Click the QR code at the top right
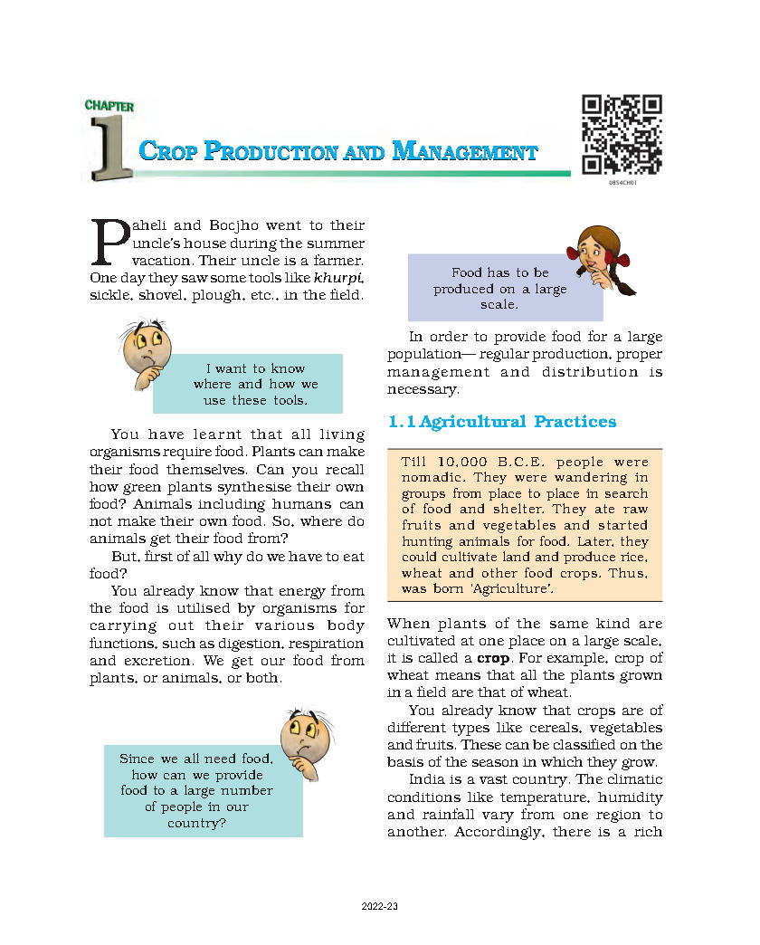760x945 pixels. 622,133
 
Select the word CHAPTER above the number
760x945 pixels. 109,106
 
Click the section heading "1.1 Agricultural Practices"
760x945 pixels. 502,422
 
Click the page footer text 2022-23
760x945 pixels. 379,907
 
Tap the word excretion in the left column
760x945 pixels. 153,660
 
